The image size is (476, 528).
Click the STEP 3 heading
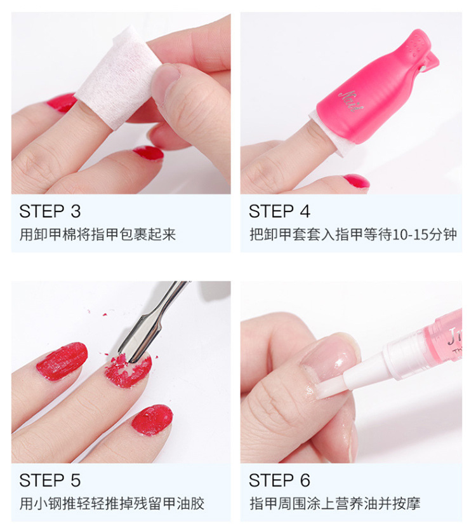[50, 212]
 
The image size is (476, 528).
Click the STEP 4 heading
[279, 212]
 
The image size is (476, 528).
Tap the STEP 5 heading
[50, 480]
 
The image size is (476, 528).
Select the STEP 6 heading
[279, 480]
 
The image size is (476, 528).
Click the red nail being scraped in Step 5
[128, 370]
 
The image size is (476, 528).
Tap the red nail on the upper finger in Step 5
[62, 361]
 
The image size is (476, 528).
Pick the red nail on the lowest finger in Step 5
[152, 420]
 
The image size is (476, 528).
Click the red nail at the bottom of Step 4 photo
[357, 182]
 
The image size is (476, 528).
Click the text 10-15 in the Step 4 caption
[406, 234]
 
